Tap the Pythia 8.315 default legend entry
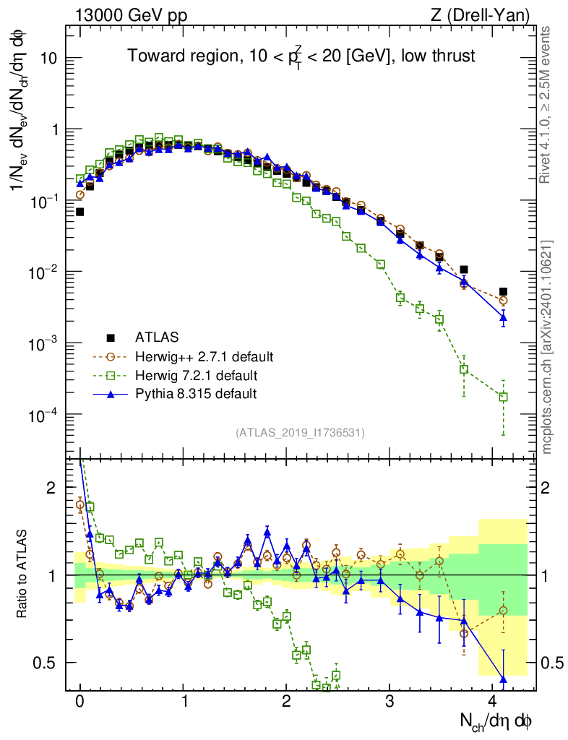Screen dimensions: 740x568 (196, 394)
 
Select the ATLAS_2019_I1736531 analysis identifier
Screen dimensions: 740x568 (300, 433)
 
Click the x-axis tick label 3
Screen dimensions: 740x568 (390, 702)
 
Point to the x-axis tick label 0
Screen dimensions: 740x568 (79, 702)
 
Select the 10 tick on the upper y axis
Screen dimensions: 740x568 (48, 59)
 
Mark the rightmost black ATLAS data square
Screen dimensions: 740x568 (503, 292)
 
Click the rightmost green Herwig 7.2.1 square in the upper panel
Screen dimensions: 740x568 (503, 397)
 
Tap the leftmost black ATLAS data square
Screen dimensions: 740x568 (79, 212)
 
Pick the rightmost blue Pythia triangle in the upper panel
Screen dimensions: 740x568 (503, 317)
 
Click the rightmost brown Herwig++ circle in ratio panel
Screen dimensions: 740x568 (503, 611)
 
